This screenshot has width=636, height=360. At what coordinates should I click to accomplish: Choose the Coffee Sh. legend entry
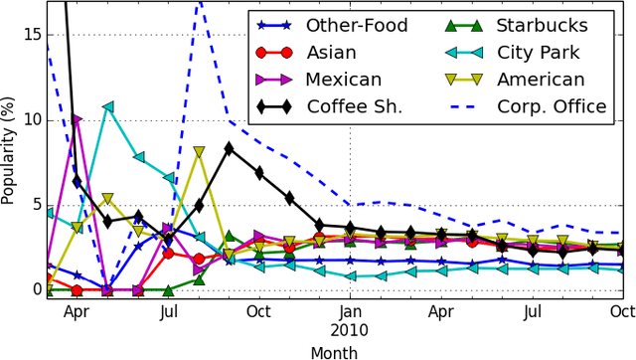tap(354, 105)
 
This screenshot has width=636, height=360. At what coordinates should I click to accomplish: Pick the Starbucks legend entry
tap(543, 25)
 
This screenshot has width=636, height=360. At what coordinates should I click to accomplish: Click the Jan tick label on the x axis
tap(348, 311)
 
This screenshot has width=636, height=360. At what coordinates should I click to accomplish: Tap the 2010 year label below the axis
tap(348, 329)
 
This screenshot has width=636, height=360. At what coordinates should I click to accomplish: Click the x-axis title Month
tap(334, 351)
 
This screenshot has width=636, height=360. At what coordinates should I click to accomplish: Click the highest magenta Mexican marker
tap(78, 120)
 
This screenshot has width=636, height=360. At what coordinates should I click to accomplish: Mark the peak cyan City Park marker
tap(107, 106)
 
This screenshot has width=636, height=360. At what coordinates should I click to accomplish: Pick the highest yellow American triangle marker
tap(199, 153)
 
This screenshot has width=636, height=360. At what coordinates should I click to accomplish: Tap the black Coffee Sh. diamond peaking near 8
tap(229, 148)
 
